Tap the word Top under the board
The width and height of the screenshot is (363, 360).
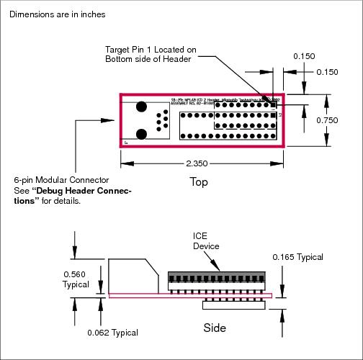[198, 182]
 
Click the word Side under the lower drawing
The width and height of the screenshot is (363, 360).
[214, 328]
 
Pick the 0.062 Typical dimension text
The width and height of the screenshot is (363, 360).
[112, 332]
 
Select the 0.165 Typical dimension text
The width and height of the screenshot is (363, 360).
[297, 256]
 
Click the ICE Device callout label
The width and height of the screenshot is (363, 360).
[204, 241]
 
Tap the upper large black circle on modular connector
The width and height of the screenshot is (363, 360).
[142, 107]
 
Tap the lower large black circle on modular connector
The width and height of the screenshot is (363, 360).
[142, 133]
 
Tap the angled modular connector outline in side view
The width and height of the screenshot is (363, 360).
[134, 276]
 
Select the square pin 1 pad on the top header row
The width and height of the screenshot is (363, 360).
[274, 104]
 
